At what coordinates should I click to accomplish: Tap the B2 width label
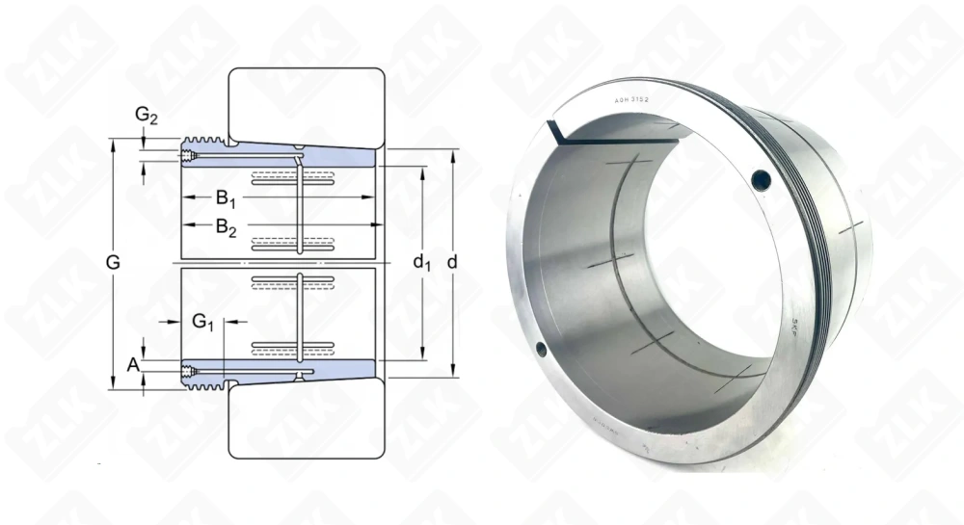coord(226,228)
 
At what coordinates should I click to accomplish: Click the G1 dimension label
coord(202,322)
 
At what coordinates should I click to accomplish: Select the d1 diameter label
coord(421,262)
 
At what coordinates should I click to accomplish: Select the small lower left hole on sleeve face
coord(540,350)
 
